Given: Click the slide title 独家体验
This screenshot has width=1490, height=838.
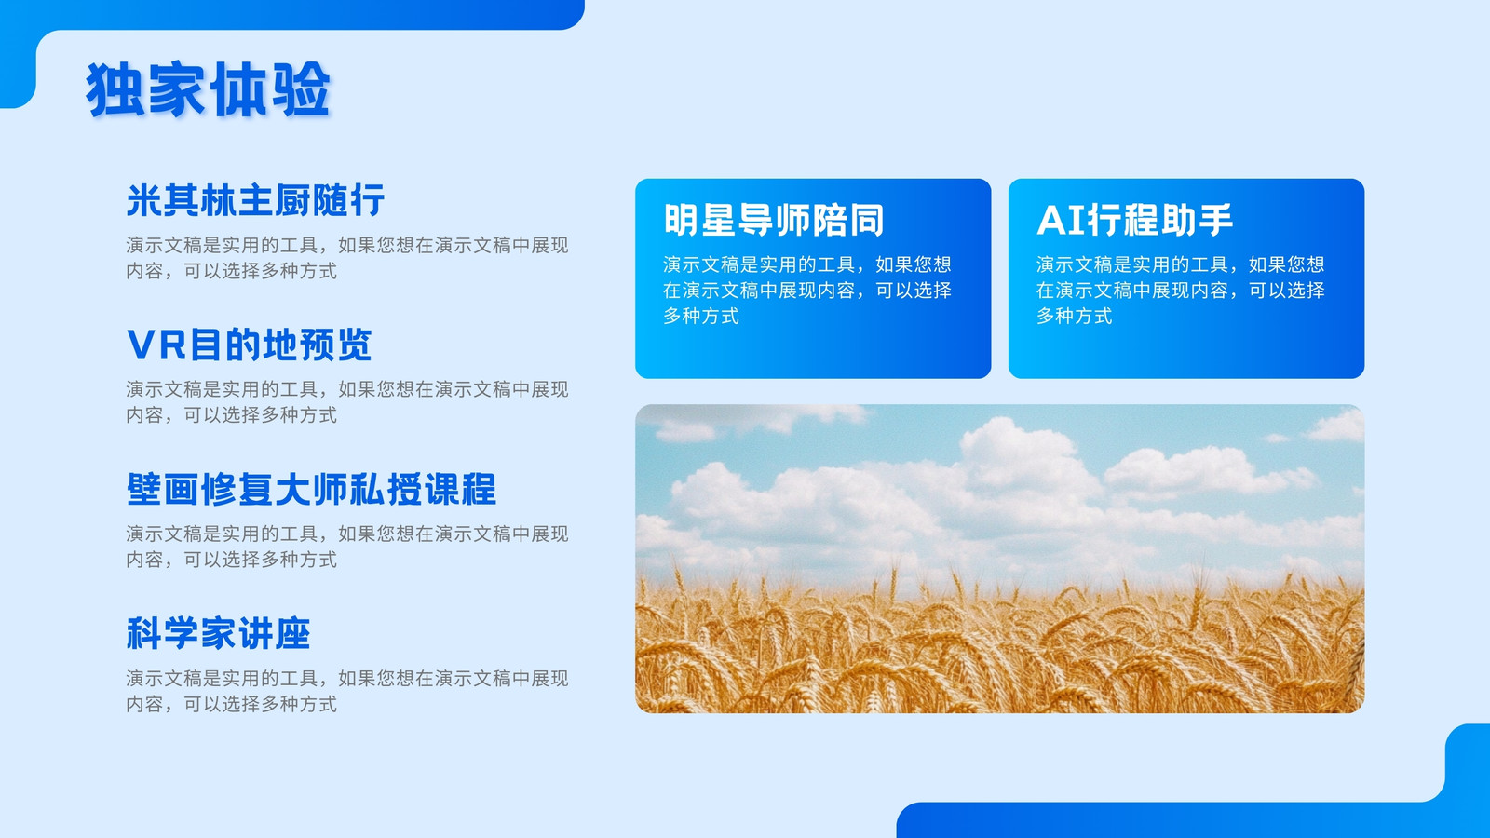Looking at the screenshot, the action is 208,89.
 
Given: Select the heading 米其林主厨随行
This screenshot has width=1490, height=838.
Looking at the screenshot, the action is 255,200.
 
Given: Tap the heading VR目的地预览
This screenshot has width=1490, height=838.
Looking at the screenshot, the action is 249,345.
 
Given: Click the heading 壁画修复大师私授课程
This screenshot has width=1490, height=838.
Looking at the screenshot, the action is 311,489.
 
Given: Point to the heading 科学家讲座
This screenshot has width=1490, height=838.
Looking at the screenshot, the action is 218,633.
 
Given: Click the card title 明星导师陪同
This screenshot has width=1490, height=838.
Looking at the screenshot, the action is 774,220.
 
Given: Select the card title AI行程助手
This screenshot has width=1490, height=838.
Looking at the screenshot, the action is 1135,220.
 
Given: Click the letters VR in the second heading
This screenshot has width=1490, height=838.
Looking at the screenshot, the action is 156,345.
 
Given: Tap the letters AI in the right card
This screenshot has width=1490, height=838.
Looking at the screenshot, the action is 1061,220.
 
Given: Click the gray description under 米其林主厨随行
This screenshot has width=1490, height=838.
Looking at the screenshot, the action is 347,258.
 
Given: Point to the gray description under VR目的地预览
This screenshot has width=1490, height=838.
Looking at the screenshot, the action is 347,401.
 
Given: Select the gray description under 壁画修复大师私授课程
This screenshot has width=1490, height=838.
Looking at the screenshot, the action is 347,546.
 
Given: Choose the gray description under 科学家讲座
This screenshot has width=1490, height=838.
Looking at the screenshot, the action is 347,690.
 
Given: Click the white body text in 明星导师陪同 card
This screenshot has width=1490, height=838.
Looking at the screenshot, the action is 806,290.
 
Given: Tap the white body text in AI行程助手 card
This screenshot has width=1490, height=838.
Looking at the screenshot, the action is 1180,290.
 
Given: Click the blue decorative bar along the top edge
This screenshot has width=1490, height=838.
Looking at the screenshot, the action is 292,14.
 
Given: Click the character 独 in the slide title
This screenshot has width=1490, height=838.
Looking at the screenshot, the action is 115,89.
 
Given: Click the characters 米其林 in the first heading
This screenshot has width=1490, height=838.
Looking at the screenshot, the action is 181,200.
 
